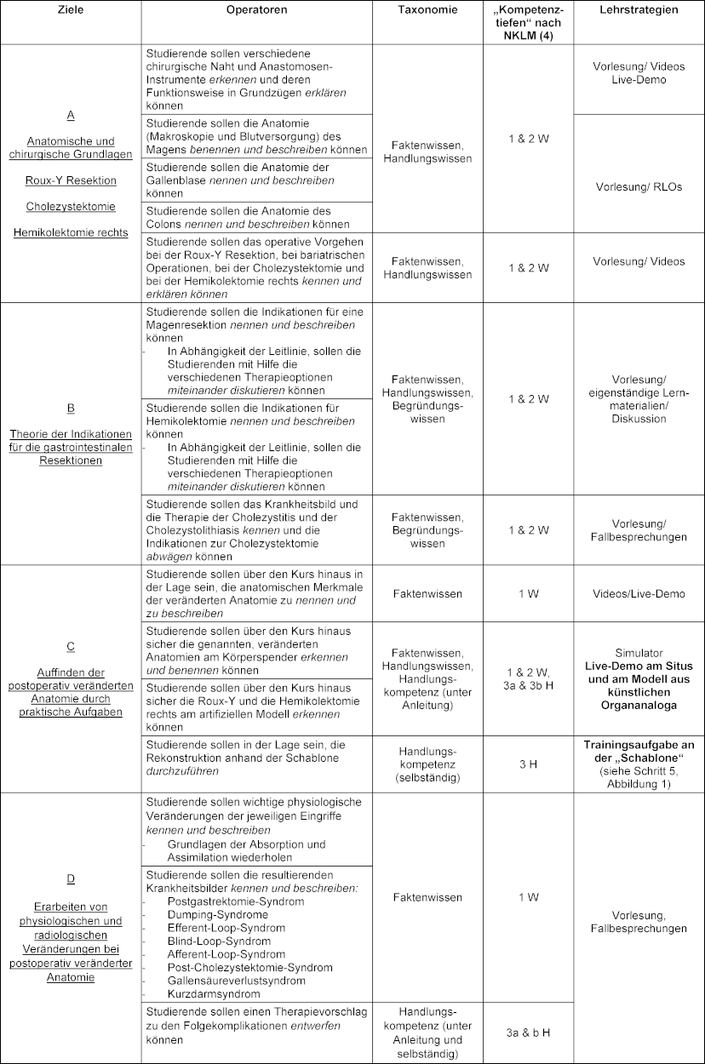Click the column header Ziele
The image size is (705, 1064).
tap(71, 10)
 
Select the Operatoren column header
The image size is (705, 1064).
tap(256, 10)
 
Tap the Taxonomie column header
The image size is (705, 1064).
tap(427, 10)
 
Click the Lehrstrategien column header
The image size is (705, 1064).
tap(639, 10)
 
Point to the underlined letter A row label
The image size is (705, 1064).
tap(71, 114)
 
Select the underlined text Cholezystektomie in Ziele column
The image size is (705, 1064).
tap(71, 206)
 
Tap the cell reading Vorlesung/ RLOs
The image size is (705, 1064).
tap(639, 186)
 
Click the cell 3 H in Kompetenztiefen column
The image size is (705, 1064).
tap(528, 764)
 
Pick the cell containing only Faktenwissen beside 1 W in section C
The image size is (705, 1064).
tap(427, 593)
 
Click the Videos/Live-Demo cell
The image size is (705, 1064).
tap(639, 593)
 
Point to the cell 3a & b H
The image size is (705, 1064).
tap(528, 1033)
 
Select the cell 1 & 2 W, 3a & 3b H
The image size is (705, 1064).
tap(528, 678)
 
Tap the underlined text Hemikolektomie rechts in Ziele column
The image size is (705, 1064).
tap(71, 232)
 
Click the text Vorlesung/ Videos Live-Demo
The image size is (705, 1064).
tap(639, 72)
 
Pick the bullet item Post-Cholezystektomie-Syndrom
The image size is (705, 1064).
tap(238, 968)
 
